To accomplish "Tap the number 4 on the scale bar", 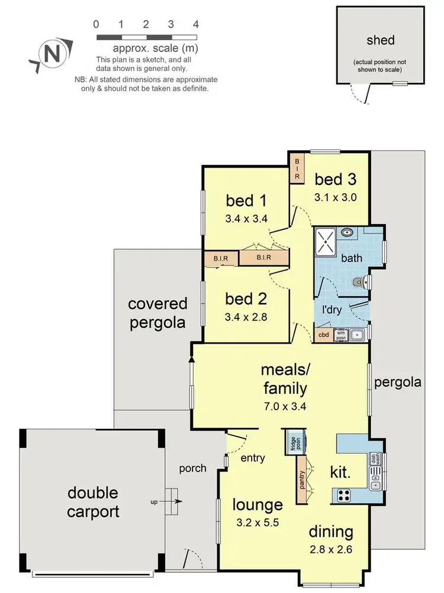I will (195, 24).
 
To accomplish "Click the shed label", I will (381, 40).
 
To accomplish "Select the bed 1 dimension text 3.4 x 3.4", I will (246, 218).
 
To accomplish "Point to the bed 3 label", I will (335, 178).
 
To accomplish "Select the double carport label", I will (92, 502).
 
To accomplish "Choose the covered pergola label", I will (157, 313).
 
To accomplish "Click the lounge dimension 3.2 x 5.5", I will (258, 524).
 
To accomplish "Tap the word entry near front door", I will (253, 458).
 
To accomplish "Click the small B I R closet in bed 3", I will (297, 168).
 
